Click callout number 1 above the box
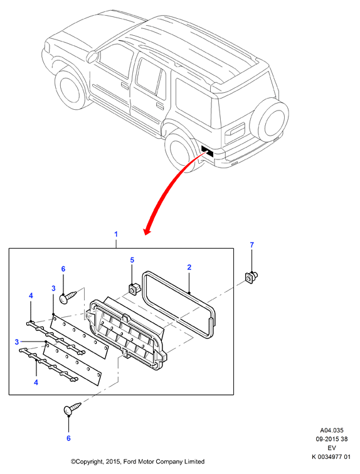click(116, 234)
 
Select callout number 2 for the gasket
click(189, 267)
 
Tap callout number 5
click(132, 260)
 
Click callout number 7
click(252, 245)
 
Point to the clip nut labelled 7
click(251, 277)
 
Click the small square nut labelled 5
click(132, 288)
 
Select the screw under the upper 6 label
click(68, 296)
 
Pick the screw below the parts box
click(73, 408)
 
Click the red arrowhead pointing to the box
click(147, 231)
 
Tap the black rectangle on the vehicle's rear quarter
click(207, 151)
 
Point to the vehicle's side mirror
click(92, 57)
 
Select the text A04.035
click(332, 430)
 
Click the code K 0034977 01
click(331, 457)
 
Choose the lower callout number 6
click(68, 438)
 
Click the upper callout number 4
click(31, 296)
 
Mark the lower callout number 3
click(17, 342)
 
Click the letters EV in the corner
click(332, 448)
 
